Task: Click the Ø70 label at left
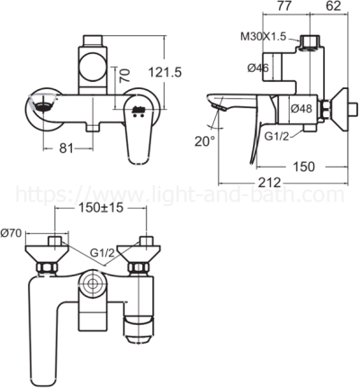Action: point(13,233)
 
